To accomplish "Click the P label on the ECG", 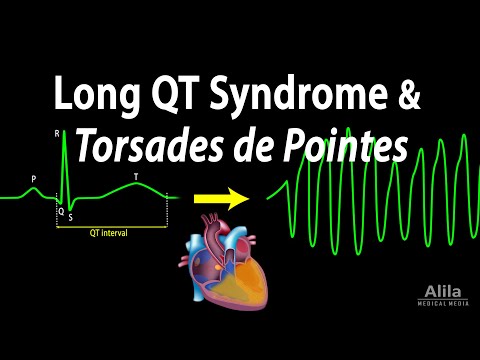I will tap(34, 180).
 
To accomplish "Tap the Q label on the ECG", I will tap(59, 212).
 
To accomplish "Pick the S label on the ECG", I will tap(70, 217).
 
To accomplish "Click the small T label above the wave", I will tap(136, 177).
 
